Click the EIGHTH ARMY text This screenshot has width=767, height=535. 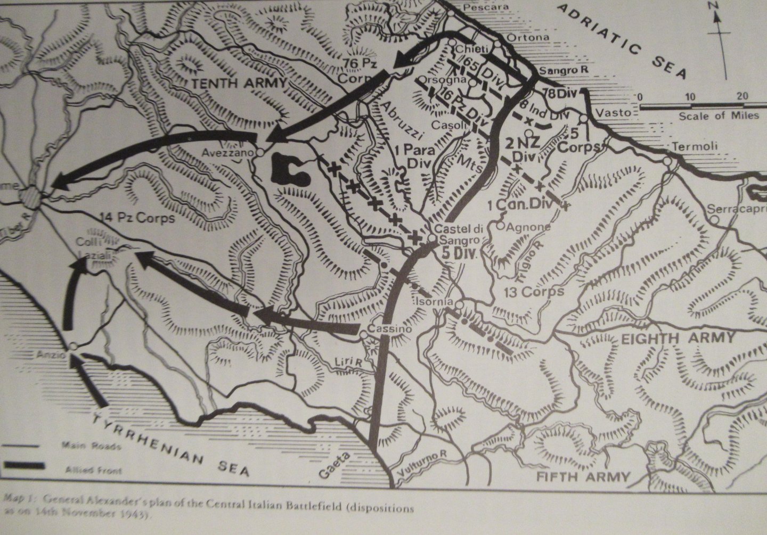click(678, 338)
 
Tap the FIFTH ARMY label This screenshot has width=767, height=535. click(583, 476)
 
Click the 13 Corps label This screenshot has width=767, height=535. click(534, 291)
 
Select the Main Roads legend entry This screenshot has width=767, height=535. click(91, 446)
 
